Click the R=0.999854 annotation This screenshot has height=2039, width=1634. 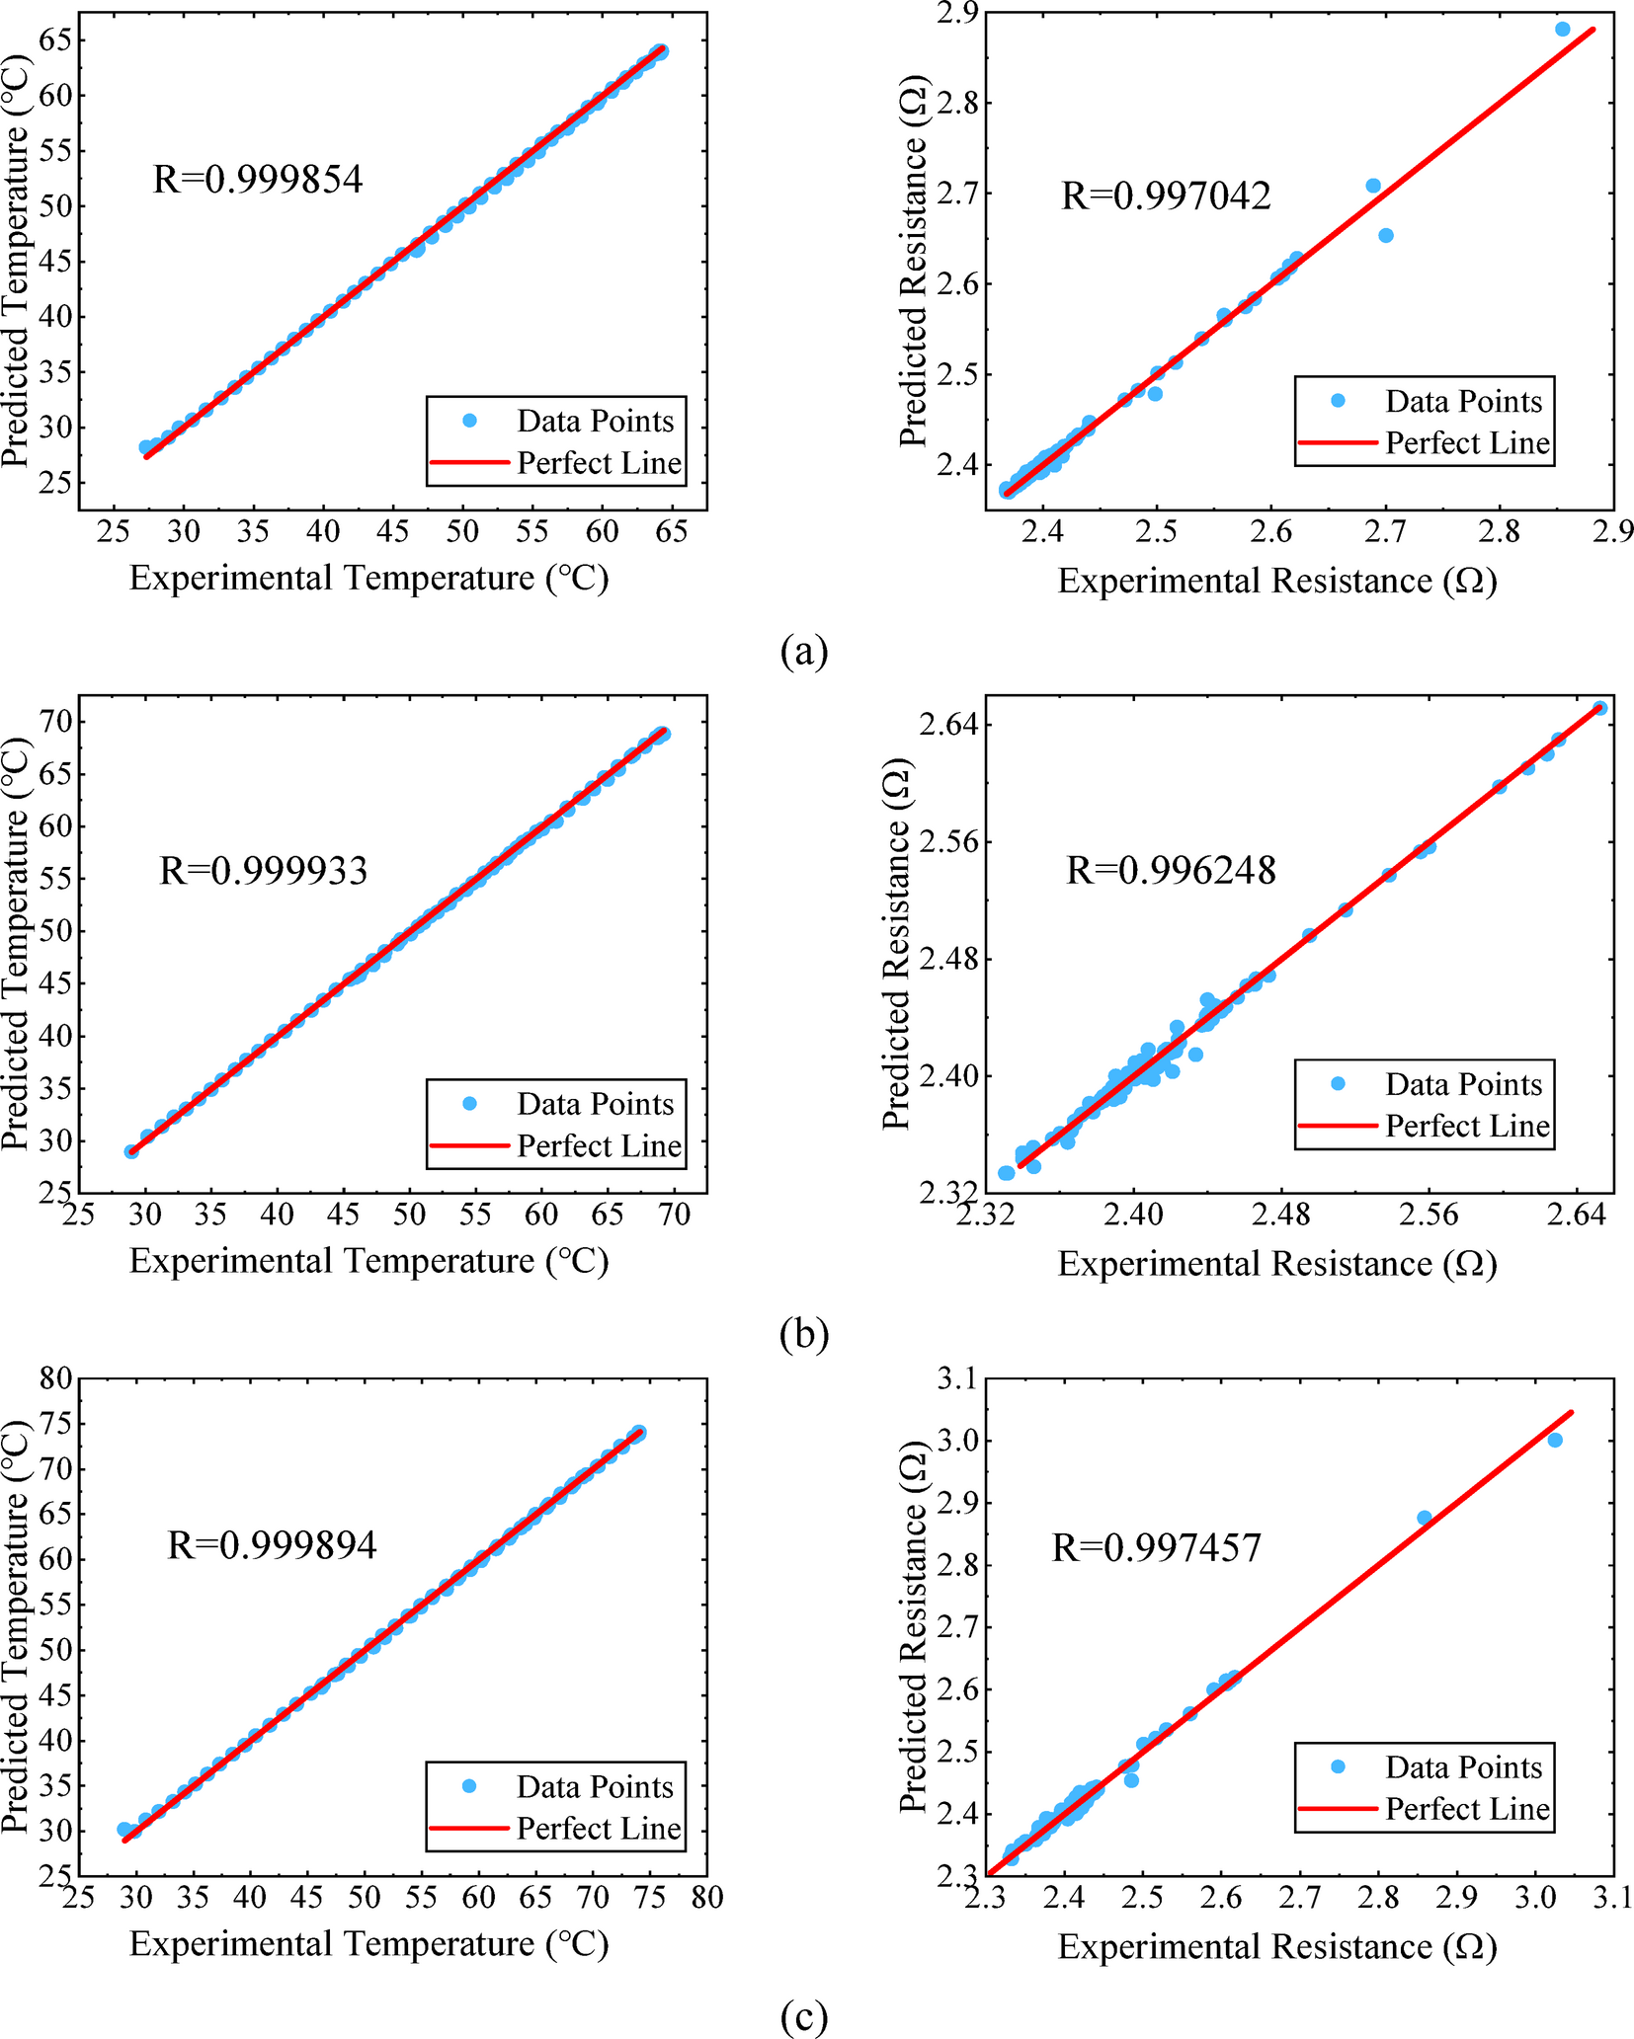tap(258, 180)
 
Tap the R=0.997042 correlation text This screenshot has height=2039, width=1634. tap(1166, 196)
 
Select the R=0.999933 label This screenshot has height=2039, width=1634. tap(264, 871)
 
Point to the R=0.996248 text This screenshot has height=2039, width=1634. tap(1171, 871)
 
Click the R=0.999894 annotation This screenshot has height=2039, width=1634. tap(272, 1545)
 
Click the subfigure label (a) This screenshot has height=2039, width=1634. tap(803, 652)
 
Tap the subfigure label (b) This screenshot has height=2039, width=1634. tap(803, 1335)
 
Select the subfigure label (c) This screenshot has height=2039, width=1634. tap(803, 2016)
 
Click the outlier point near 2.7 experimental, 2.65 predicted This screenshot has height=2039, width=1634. tap(1386, 235)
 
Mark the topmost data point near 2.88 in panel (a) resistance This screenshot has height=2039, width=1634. tap(1562, 30)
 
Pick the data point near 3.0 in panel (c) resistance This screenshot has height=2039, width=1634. tap(1554, 1440)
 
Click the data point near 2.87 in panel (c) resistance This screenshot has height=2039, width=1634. tap(1424, 1518)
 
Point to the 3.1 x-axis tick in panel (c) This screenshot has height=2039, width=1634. tap(1611, 1899)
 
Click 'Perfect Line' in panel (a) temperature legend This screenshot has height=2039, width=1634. tap(599, 463)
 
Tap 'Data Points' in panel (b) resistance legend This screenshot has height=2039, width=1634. tap(1463, 1084)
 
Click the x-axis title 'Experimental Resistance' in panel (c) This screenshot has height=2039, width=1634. tap(1276, 1946)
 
